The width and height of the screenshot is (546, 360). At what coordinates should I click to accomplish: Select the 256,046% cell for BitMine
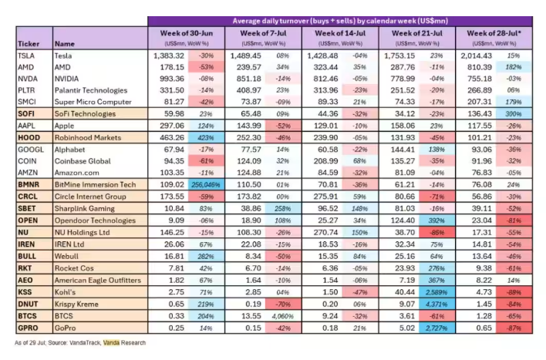pos(206,185)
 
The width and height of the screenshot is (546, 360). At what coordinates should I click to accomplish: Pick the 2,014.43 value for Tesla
pos(477,56)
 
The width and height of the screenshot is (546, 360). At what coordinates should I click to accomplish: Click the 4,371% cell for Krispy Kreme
pos(436,304)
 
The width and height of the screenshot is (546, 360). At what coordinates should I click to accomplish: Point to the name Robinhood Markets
pos(88,137)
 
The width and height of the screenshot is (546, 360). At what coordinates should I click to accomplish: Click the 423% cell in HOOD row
pos(206,138)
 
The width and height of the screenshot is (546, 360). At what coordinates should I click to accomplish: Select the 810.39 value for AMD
pos(480,67)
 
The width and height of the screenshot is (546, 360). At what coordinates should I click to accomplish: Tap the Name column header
pos(65,44)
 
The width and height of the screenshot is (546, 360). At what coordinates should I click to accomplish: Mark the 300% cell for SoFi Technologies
pos(514,114)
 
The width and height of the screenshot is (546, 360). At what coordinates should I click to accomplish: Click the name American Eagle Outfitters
pos(98,281)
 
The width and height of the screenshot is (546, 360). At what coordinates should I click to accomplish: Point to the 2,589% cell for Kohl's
pos(436,292)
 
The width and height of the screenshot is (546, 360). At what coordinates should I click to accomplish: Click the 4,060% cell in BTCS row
pos(283,316)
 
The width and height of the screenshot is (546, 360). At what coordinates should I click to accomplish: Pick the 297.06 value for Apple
pos(172,126)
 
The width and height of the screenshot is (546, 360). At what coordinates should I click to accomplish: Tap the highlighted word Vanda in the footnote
pos(111,343)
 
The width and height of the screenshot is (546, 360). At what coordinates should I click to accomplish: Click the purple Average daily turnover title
pos(340,22)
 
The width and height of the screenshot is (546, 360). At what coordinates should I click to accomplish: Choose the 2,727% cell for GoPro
pos(436,328)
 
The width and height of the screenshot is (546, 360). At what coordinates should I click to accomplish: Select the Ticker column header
pos(29,44)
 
